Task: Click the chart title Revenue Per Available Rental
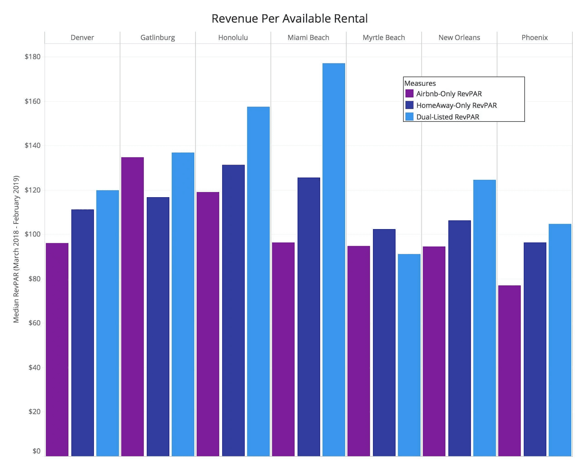click(x=289, y=18)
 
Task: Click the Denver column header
click(x=82, y=38)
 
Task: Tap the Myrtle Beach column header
click(x=384, y=38)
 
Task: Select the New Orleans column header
click(x=459, y=38)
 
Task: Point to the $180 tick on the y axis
click(x=33, y=57)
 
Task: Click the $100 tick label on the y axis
click(x=33, y=234)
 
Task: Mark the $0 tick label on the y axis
click(x=36, y=451)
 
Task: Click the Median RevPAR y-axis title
click(x=16, y=249)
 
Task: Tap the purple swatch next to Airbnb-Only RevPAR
click(x=409, y=94)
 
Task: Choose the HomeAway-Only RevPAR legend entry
click(x=456, y=105)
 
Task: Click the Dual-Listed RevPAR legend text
click(x=447, y=117)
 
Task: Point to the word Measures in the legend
click(x=420, y=83)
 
